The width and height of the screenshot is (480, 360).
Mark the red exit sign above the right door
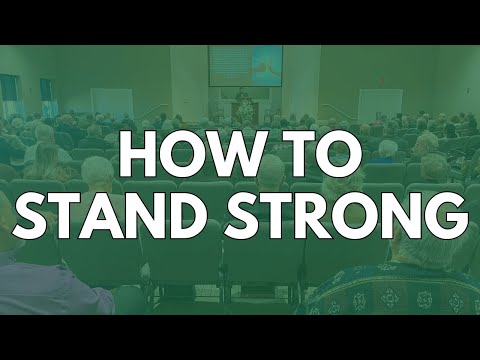[380, 83]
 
